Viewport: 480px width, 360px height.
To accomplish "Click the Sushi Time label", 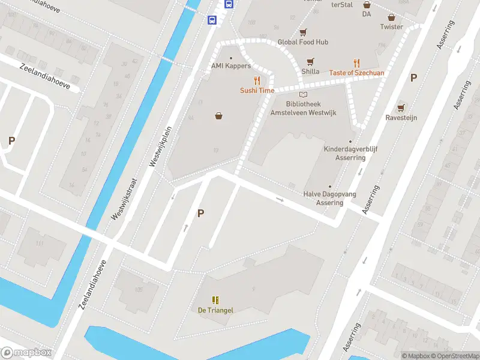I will (257, 91).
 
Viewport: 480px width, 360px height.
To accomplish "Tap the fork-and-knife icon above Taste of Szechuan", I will (356, 63).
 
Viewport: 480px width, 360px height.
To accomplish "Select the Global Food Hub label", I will (303, 42).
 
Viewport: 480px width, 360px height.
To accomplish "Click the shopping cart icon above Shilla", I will (310, 61).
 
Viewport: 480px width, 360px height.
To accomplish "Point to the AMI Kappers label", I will (231, 66).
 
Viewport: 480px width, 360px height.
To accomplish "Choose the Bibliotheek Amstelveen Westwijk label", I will (303, 109).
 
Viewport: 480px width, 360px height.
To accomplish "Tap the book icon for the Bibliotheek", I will (303, 95).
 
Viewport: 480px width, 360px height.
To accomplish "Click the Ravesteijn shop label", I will (401, 118).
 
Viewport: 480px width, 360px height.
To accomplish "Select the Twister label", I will (391, 27).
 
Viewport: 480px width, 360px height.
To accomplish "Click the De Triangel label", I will (215, 310).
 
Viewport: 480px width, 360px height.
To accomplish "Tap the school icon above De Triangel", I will (215, 300).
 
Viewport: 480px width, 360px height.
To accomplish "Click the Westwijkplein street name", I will (164, 146).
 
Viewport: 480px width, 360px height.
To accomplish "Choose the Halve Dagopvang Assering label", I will (329, 199).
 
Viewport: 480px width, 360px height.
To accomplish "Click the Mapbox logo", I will (26, 353).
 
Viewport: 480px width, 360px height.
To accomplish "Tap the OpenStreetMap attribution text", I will (454, 356).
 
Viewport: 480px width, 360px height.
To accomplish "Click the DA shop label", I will (367, 14).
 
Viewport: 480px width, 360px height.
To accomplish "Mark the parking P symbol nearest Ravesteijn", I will (413, 77).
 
